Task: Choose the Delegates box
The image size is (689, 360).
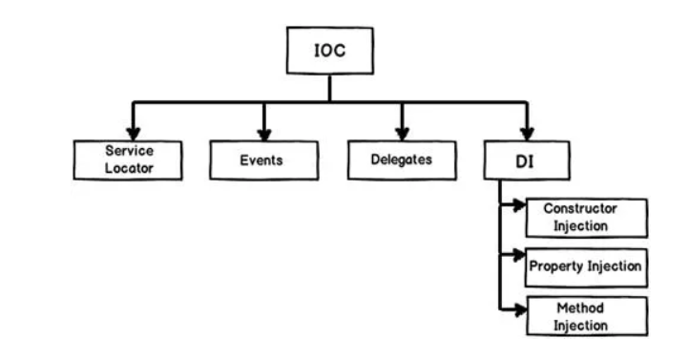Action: pyautogui.click(x=401, y=159)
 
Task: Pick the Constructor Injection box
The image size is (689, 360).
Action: pyautogui.click(x=586, y=218)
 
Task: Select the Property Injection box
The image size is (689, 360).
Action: pyautogui.click(x=586, y=266)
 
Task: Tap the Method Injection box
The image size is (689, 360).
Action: pyautogui.click(x=586, y=315)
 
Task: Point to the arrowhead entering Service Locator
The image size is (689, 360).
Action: pyautogui.click(x=134, y=133)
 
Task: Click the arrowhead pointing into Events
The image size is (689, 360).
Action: pyautogui.click(x=264, y=133)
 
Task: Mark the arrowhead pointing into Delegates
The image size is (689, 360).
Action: pyautogui.click(x=402, y=133)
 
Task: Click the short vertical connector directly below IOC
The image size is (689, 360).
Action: pyautogui.click(x=329, y=88)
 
